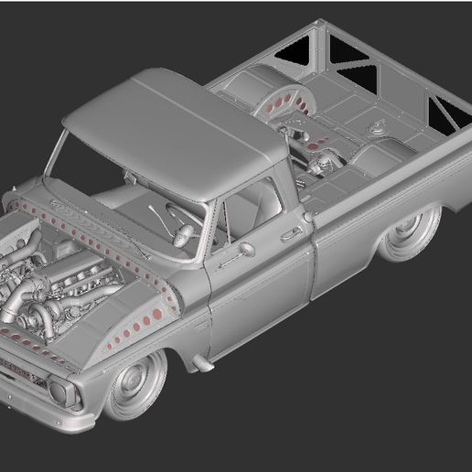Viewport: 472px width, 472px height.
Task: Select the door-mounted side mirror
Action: tap(246, 248)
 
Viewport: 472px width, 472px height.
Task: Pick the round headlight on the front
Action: tap(59, 392)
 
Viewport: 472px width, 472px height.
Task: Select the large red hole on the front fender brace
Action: tap(157, 315)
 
